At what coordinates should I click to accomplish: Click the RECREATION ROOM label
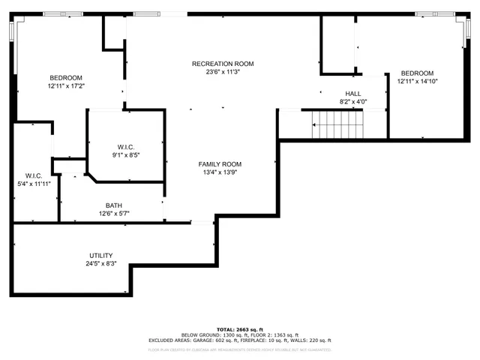point(223,64)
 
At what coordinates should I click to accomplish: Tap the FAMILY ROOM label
point(220,164)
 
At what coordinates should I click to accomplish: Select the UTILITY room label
point(100,256)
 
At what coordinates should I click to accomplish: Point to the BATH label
point(114,205)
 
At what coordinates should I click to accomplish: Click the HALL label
point(352,94)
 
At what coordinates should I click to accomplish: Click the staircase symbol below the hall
point(337,124)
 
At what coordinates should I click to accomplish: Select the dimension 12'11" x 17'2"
point(66,86)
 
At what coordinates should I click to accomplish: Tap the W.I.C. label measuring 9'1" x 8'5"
point(126,154)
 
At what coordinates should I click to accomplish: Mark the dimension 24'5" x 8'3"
point(100,264)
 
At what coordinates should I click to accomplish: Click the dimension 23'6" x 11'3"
point(223,73)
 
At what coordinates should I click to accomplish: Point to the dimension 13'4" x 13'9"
point(220,173)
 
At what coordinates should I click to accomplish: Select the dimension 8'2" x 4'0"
point(352,102)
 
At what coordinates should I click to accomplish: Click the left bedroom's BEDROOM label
point(66,78)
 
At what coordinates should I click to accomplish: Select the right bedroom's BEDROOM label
point(415,73)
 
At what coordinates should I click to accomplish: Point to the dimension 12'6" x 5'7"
point(114,214)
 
